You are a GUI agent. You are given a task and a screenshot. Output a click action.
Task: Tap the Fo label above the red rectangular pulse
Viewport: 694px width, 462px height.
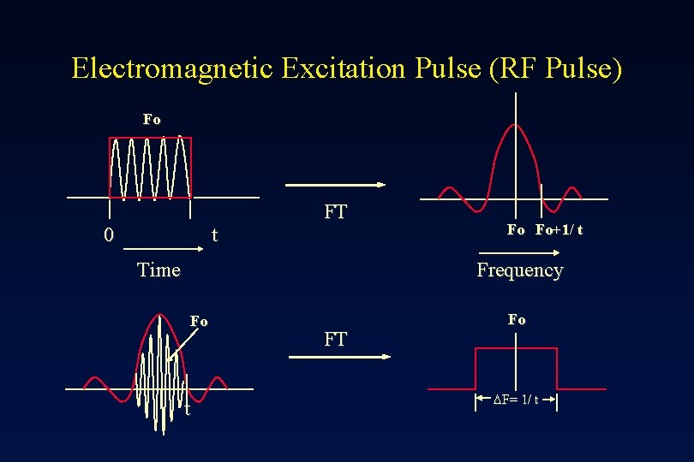pyautogui.click(x=152, y=119)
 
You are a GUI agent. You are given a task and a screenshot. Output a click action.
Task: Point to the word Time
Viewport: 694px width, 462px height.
pyautogui.click(x=159, y=270)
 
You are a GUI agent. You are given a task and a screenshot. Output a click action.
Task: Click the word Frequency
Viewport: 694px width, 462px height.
pyautogui.click(x=519, y=270)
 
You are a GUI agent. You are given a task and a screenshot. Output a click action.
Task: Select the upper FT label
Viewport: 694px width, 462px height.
pyautogui.click(x=336, y=212)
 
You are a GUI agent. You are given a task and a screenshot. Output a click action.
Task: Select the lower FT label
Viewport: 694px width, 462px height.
pyautogui.click(x=336, y=339)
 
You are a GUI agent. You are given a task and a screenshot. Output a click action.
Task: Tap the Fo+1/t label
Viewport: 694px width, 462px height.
pyautogui.click(x=559, y=229)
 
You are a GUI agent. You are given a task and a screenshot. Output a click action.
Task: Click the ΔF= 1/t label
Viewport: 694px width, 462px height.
pyautogui.click(x=517, y=400)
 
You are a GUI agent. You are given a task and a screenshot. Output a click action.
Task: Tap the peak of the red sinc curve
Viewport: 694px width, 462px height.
pyautogui.click(x=515, y=125)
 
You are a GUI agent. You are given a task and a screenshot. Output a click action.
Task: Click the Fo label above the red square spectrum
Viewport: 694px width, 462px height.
pyautogui.click(x=517, y=319)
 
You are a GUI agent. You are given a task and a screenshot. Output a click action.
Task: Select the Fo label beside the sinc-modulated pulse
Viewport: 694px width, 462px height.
pyautogui.click(x=199, y=321)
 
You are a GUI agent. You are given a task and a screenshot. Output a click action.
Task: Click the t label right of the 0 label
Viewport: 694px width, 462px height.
pyautogui.click(x=214, y=234)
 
